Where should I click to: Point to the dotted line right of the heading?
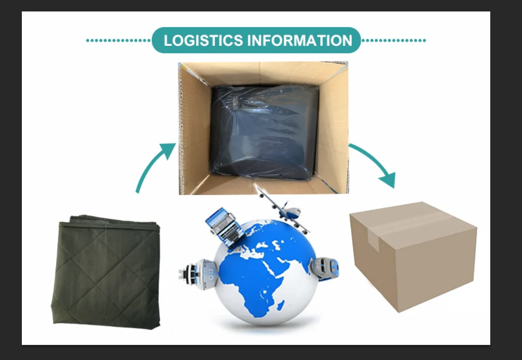(394, 40)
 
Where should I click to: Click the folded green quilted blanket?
(107, 271)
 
